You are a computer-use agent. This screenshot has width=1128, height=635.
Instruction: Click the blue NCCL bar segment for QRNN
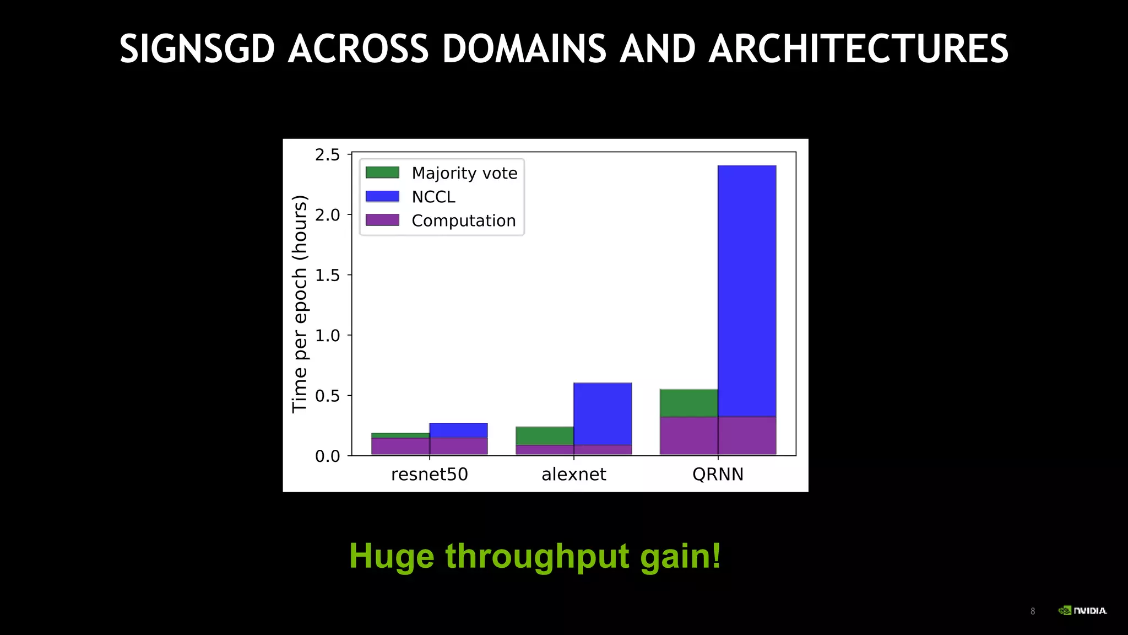(x=747, y=290)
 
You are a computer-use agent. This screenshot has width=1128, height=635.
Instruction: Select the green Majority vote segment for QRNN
(x=688, y=402)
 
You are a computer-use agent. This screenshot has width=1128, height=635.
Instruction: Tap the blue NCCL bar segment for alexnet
(x=603, y=413)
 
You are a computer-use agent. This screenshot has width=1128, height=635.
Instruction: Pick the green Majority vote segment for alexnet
(x=545, y=435)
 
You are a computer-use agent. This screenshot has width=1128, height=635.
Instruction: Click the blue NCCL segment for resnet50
(x=458, y=430)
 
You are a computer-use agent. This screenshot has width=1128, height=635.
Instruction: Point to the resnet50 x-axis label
(x=429, y=475)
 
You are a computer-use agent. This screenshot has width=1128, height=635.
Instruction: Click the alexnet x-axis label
(x=573, y=475)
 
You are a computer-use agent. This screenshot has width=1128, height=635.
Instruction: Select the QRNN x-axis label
(x=718, y=475)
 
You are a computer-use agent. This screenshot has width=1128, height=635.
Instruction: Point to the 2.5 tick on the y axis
(x=327, y=155)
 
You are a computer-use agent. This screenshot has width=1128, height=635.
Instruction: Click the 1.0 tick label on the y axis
(x=327, y=336)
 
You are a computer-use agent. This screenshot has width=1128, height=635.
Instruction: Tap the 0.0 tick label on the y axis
(x=327, y=456)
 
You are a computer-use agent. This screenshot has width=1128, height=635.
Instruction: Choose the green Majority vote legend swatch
(x=382, y=173)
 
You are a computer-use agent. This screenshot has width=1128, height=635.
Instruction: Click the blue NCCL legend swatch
(x=382, y=196)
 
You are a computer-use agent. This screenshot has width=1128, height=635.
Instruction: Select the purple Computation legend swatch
(x=382, y=220)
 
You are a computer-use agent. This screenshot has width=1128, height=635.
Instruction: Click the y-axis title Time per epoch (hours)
(x=299, y=304)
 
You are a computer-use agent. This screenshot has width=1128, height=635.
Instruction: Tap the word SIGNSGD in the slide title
(x=197, y=49)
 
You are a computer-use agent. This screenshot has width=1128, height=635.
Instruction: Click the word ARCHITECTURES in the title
(x=858, y=49)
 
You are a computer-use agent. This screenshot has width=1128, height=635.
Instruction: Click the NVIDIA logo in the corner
(x=1082, y=610)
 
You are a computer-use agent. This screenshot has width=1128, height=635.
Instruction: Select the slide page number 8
(x=1033, y=611)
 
